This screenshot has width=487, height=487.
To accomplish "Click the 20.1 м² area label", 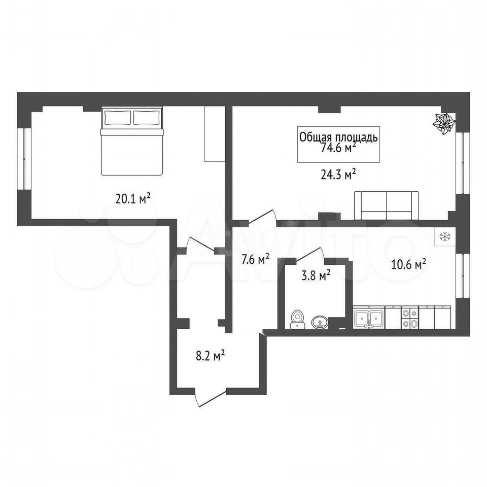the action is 133,198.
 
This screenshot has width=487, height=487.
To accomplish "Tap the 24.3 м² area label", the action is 338,175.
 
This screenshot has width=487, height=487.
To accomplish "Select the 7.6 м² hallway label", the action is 255,259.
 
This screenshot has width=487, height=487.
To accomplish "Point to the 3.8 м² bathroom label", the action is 316,275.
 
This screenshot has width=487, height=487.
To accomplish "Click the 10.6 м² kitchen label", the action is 408,265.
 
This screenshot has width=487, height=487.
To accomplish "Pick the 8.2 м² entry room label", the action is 210,355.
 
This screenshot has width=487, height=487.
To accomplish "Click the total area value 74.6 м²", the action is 338,148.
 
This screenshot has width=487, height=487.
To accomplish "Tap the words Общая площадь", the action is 338,136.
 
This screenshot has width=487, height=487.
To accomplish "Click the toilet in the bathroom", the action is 297,319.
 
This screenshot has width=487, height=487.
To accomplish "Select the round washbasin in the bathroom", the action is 320,322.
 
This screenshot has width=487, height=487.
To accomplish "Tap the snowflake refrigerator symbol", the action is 445,237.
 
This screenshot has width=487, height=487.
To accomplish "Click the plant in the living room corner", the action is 444,124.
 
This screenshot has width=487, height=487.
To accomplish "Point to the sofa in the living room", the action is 387,205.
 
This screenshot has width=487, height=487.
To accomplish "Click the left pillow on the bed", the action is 118,118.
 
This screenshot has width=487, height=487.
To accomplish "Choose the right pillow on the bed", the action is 147,118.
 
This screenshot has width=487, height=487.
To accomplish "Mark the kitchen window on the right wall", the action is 463,276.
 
